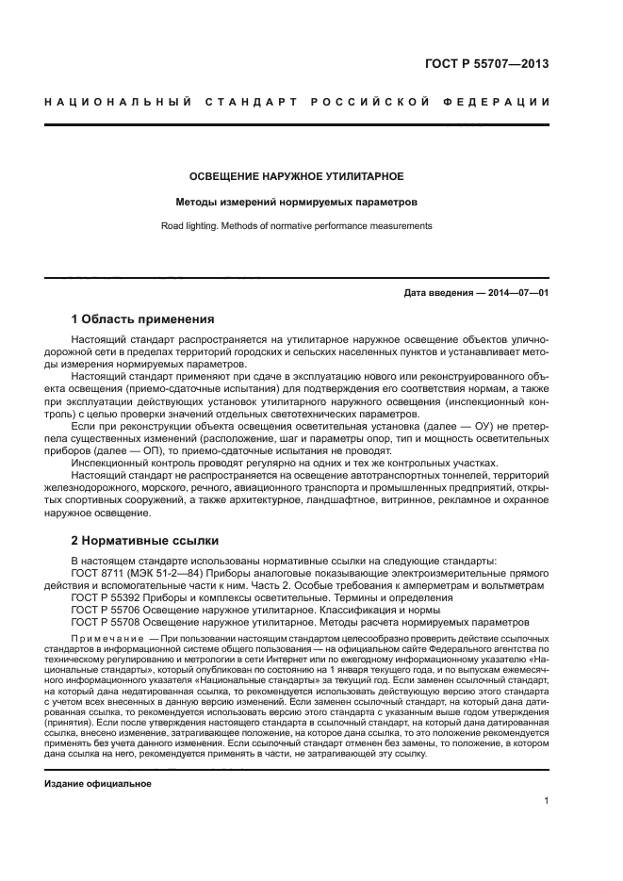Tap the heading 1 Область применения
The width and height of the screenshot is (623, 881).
pyautogui.click(x=143, y=318)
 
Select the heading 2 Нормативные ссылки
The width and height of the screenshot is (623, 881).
pyautogui.click(x=145, y=541)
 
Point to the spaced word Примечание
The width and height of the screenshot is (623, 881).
pyautogui.click(x=104, y=638)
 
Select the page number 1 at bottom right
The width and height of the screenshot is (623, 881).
pyautogui.click(x=546, y=801)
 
